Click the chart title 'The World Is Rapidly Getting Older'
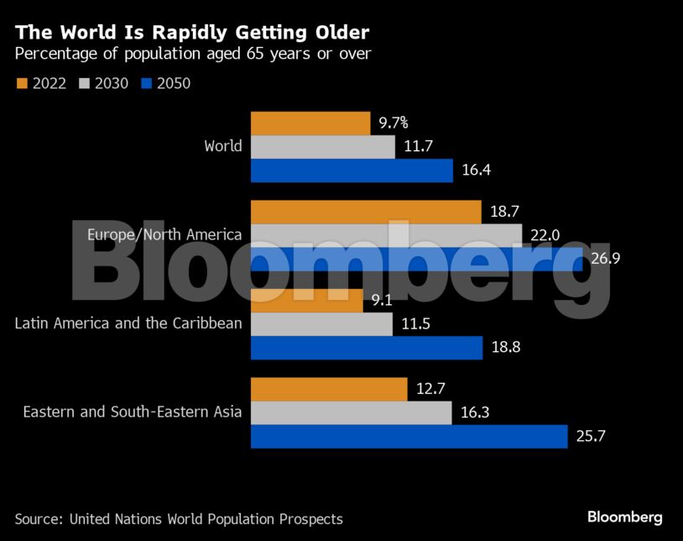pos(192,33)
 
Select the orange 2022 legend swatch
pos(22,83)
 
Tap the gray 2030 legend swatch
pos(84,83)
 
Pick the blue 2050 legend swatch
pos(147,83)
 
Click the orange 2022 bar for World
pos(310,123)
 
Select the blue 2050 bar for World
pos(352,171)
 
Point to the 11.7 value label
pos(417,147)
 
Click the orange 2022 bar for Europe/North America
pos(366,212)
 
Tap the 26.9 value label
pos(605,259)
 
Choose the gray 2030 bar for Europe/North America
pos(386,235)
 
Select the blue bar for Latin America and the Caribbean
pos(367,348)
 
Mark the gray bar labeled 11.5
pos(321,324)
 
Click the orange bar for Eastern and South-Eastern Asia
pos(329,390)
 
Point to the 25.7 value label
pos(589,437)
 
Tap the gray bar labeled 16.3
pos(351,413)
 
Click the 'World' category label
pos(223,146)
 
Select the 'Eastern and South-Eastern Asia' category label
pos(133,412)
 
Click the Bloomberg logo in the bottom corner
pos(624,517)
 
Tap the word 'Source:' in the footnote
pos(39,519)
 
